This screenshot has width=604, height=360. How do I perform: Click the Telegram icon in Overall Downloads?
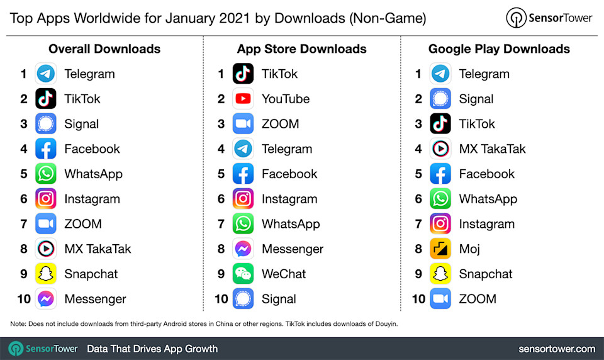click(x=46, y=74)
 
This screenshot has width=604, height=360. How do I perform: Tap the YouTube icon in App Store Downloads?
click(x=243, y=99)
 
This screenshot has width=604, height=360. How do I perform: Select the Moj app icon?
click(x=440, y=249)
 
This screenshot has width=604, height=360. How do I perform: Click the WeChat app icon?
click(x=243, y=274)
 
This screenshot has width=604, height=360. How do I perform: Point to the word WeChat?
click(x=284, y=274)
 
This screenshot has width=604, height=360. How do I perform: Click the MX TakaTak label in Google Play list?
click(x=492, y=149)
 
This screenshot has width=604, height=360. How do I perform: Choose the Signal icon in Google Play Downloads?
click(x=440, y=99)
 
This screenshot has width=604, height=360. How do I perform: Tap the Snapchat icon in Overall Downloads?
click(x=46, y=274)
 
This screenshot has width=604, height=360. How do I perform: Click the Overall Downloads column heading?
click(x=104, y=49)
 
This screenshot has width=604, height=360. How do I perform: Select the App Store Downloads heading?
click(x=302, y=49)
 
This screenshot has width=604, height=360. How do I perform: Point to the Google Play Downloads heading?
click(x=499, y=49)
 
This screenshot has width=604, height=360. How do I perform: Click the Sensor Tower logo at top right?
click(x=549, y=18)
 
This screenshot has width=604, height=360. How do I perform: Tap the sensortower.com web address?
click(x=557, y=348)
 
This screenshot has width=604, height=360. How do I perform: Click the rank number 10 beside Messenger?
click(x=24, y=299)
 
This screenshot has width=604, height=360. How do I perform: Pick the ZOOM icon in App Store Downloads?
click(x=243, y=124)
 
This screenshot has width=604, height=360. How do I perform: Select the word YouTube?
click(x=286, y=99)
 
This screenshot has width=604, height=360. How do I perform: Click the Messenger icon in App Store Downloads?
click(x=243, y=249)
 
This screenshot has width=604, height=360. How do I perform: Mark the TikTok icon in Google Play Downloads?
click(x=440, y=124)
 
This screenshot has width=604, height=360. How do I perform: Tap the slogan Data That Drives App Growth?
click(x=152, y=348)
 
